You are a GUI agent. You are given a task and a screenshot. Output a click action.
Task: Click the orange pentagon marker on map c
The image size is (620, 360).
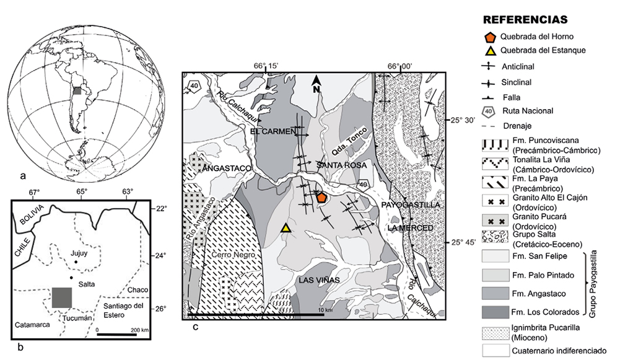[x=321, y=197]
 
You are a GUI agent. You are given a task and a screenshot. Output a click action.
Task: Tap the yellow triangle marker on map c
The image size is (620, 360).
[x=286, y=227]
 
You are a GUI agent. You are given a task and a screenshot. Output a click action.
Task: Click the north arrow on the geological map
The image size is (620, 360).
[x=316, y=84]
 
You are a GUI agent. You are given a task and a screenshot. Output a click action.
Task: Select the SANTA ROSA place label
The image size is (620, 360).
[x=342, y=165]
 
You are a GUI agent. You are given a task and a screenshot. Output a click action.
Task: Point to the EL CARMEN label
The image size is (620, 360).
[x=273, y=131]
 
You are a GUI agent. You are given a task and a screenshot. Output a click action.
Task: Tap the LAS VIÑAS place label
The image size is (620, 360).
[x=319, y=280]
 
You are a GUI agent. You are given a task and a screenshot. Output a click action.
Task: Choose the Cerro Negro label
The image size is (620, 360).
[x=233, y=255]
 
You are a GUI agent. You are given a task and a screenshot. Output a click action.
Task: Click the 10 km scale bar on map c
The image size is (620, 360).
[x=256, y=315]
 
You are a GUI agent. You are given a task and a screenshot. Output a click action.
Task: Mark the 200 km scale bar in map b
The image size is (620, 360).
[x=116, y=335]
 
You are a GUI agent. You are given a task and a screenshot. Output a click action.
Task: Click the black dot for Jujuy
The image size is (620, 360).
[x=76, y=262]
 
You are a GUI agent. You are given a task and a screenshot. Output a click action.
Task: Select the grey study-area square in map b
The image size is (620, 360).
[x=62, y=297]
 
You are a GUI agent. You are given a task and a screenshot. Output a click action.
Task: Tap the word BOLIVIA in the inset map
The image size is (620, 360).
[x=33, y=215]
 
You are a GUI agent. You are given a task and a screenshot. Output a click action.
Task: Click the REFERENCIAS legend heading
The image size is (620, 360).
[x=525, y=20]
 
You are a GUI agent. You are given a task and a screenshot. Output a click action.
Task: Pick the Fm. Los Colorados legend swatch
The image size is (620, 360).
[x=496, y=312]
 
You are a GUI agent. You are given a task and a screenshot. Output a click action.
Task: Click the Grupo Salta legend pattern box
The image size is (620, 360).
[x=496, y=237]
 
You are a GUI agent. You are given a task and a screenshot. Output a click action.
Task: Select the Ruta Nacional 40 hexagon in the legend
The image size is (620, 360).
[x=489, y=111]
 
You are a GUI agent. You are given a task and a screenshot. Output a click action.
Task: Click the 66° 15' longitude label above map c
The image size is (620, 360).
[x=266, y=66]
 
